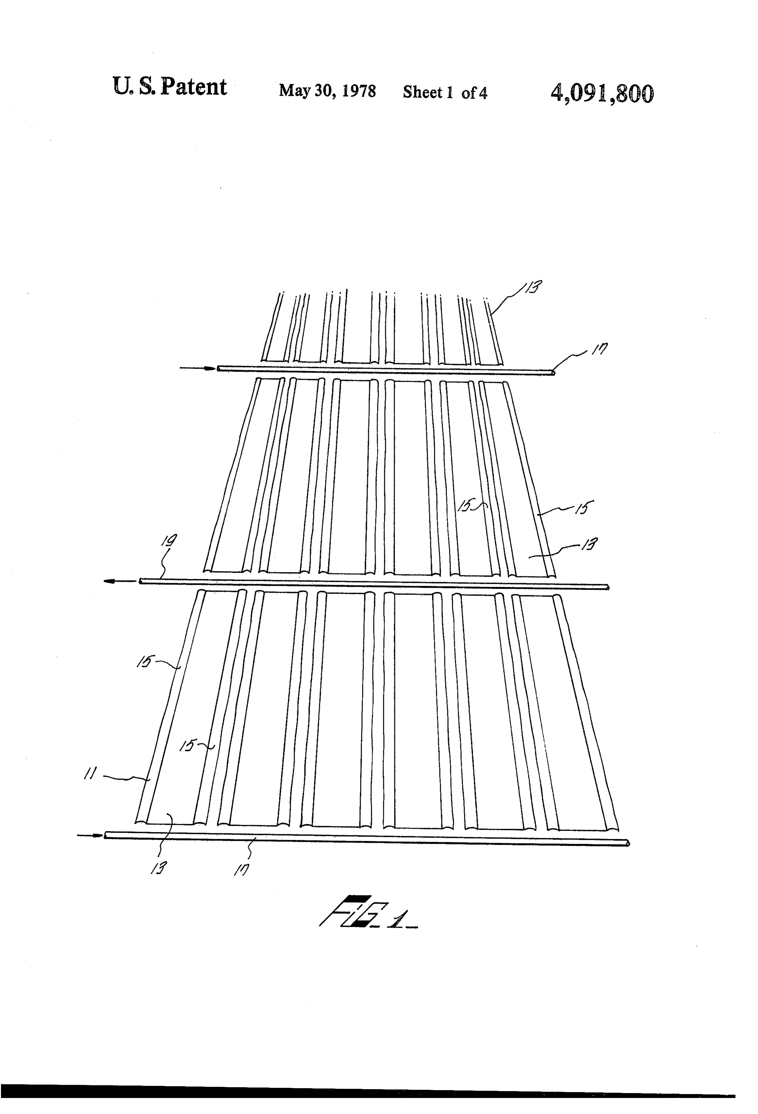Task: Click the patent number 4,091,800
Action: coord(602,93)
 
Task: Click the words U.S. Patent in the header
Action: coord(170,87)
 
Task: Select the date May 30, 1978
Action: coord(327,91)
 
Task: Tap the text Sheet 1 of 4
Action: coord(445,92)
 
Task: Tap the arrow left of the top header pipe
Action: coord(197,368)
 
